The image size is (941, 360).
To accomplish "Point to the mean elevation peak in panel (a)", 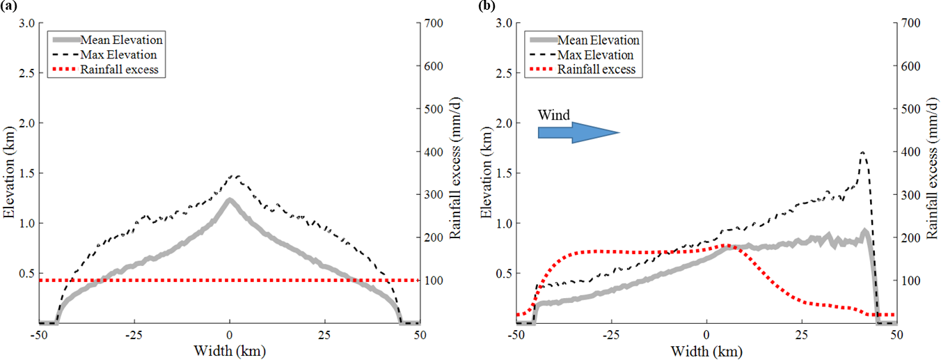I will [x=229, y=201].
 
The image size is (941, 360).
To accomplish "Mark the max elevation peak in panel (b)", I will [x=863, y=152].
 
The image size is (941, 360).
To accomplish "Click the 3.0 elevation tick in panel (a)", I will [x=25, y=23].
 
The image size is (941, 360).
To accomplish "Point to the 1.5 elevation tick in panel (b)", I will [x=503, y=173].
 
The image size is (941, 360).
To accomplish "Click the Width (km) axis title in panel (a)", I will [x=229, y=350].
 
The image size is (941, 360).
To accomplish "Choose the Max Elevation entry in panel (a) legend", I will [x=119, y=54].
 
